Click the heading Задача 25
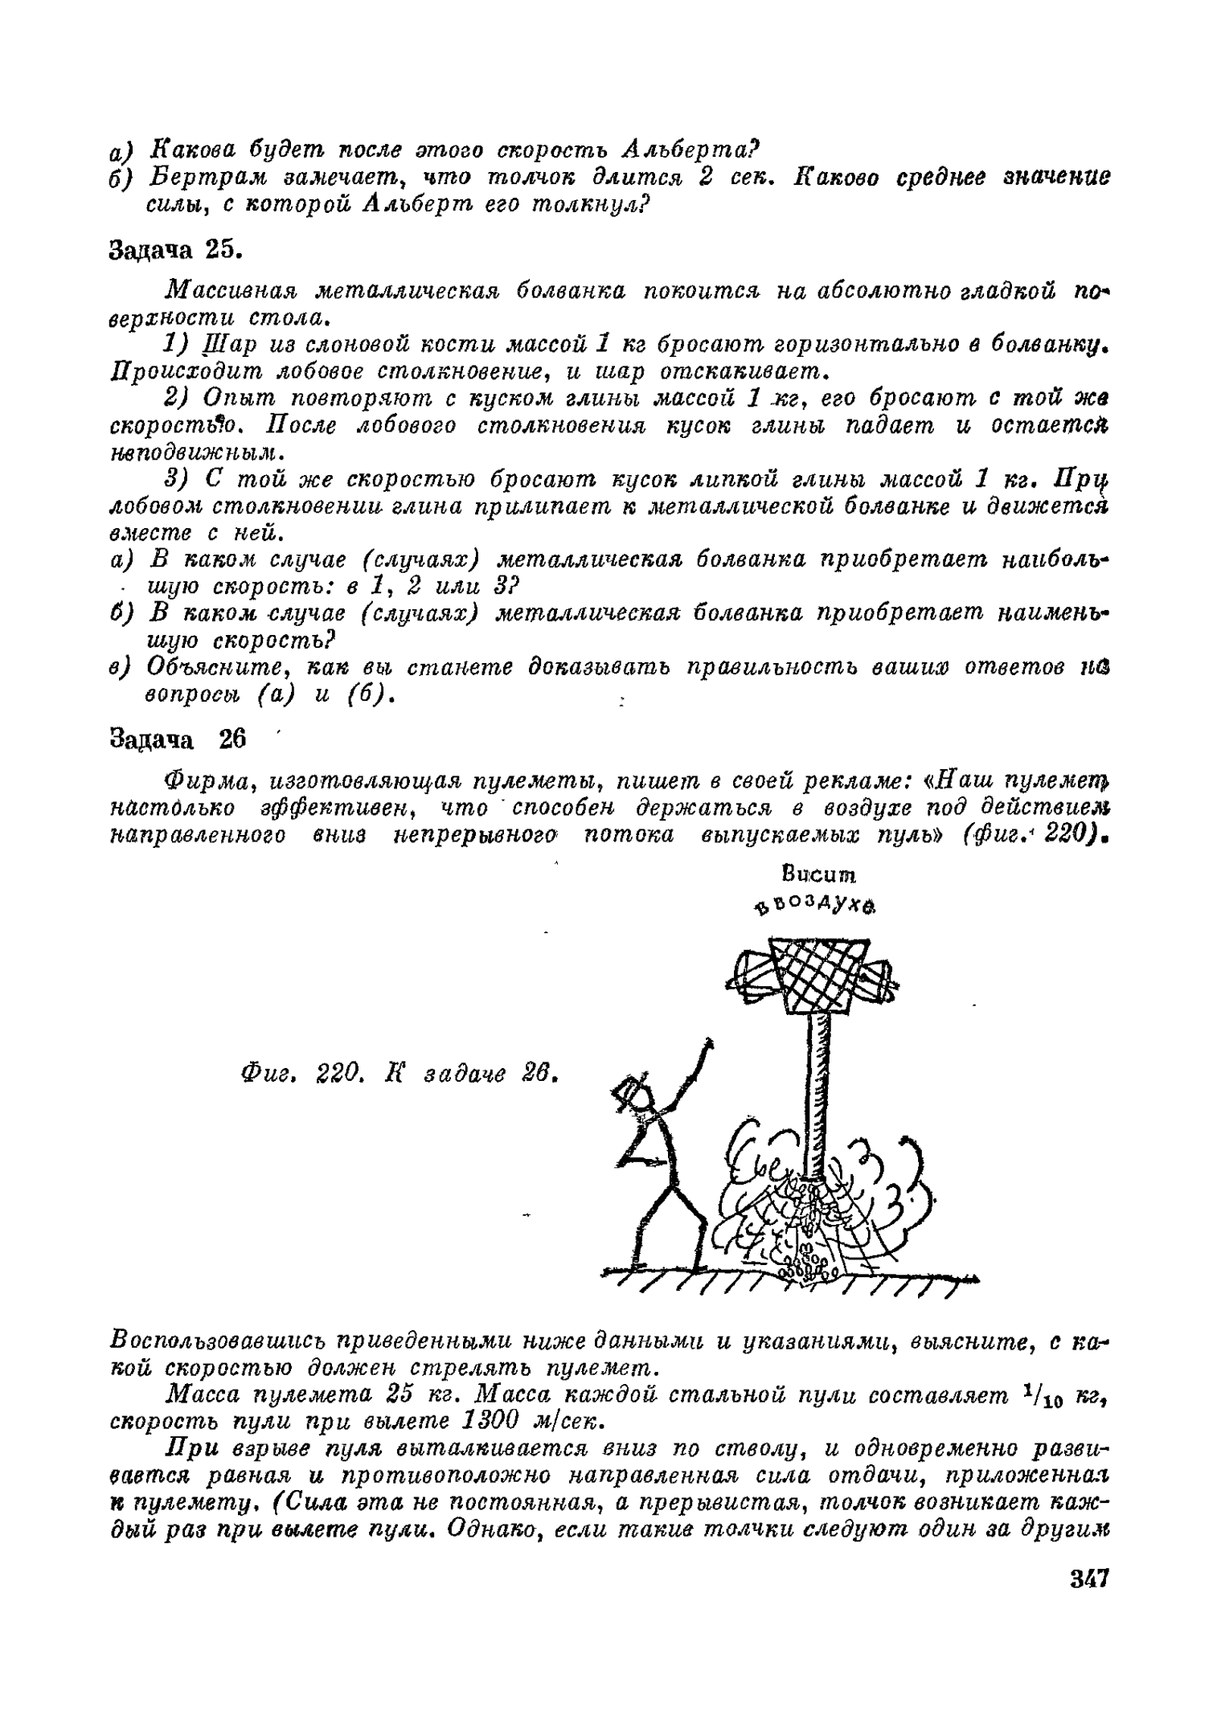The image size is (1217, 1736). (x=175, y=250)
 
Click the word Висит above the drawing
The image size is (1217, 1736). (x=813, y=874)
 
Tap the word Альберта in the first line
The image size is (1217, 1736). (x=690, y=149)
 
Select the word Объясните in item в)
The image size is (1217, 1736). (x=206, y=668)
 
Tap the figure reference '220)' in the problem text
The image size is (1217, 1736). (x=1072, y=835)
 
